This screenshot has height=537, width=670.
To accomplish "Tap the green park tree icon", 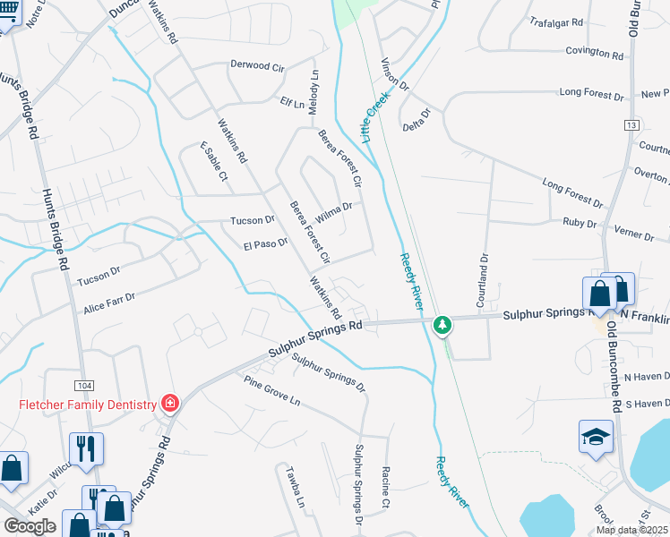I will (x=442, y=325).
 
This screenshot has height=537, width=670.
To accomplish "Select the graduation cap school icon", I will (x=596, y=438).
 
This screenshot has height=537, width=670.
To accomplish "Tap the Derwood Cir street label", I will (x=257, y=66).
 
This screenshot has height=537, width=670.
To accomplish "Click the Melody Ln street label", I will (x=314, y=90).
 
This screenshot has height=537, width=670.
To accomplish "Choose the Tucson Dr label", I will (x=253, y=220).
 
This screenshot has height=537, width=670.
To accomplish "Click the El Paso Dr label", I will (x=265, y=243).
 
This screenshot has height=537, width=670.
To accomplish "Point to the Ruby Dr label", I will (x=580, y=222).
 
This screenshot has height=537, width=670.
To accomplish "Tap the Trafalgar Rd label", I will (x=556, y=21).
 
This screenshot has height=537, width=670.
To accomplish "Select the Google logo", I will (x=30, y=525).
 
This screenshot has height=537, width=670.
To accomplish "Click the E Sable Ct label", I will (x=214, y=161).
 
